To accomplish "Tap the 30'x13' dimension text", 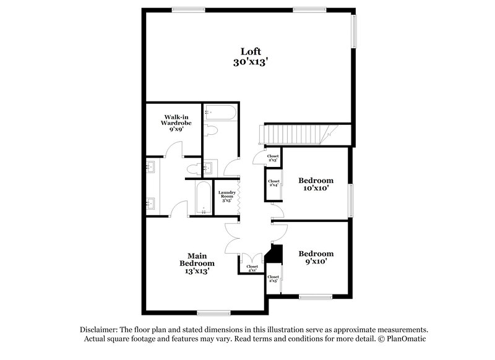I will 251,62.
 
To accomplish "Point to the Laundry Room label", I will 226,195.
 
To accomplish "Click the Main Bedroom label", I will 197,263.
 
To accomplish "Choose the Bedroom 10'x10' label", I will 316,184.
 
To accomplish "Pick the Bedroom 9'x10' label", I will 316,257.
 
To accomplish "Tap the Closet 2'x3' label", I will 273,158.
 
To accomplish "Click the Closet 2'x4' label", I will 273,183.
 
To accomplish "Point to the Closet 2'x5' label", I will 273,279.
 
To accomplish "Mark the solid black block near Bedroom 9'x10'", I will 275,254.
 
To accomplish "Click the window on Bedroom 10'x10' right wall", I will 351,199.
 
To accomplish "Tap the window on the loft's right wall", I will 354,31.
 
